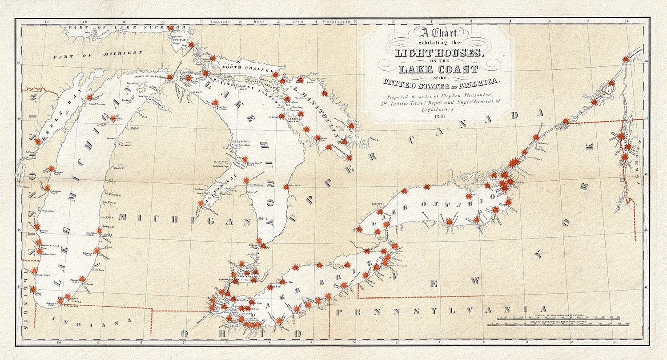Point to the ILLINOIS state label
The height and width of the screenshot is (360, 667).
tap(29, 311)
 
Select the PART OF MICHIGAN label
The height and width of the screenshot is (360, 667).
tap(98, 55)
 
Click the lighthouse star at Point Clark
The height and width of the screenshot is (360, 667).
tap(285, 187)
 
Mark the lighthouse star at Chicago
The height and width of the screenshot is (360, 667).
tap(32, 289)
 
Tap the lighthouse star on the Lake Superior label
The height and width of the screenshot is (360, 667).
tap(170, 28)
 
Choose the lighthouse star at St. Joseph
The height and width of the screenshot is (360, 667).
tap(82, 279)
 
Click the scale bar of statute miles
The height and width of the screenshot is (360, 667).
tap(564, 317)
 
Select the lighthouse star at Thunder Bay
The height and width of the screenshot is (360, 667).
tap(245, 159)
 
